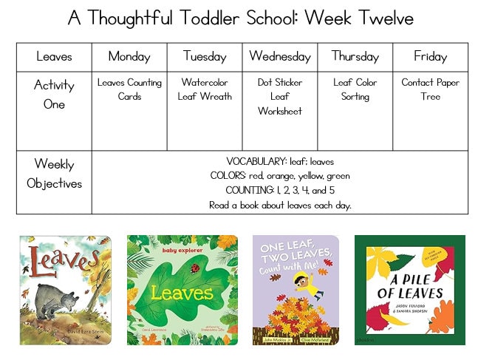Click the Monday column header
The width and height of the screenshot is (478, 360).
coord(129,57)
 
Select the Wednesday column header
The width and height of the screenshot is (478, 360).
coord(280,57)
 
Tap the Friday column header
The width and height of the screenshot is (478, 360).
coord(430,57)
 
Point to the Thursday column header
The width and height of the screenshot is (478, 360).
coord(355,57)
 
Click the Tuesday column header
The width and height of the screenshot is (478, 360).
coord(205,57)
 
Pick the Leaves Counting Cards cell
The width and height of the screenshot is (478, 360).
coord(129,89)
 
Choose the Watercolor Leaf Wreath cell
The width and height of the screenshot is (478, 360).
coord(205,89)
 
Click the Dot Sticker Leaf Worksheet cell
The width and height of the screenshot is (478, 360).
coord(280,96)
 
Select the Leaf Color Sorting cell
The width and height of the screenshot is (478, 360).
coord(355,89)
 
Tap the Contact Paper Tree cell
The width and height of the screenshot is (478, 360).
coord(430,89)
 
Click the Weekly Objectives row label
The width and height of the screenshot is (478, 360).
coord(54,174)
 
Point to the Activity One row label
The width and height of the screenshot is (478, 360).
coord(54,95)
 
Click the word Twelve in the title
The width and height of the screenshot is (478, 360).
coord(374,18)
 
